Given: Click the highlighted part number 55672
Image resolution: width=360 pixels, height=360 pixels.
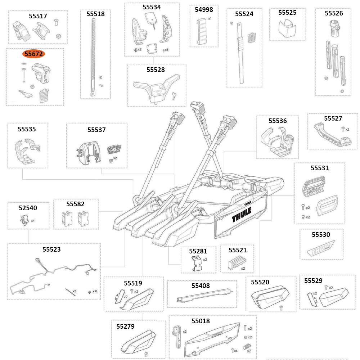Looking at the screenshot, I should click(33, 54).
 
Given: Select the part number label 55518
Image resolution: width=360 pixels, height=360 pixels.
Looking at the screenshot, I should click(95, 14).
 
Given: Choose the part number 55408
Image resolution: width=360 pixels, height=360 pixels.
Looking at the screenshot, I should click(201, 285).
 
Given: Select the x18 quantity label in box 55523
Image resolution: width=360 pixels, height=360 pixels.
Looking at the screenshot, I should click(95, 291).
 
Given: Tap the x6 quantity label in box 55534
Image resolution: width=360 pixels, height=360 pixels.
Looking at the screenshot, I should click(166, 50).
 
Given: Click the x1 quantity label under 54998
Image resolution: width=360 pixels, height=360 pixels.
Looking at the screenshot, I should click(210, 18).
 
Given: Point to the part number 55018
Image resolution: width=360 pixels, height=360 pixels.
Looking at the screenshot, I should click(201, 321).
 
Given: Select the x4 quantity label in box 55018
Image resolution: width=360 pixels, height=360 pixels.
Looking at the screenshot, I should click(236, 351).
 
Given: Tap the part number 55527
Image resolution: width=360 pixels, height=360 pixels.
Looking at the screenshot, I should click(333, 118).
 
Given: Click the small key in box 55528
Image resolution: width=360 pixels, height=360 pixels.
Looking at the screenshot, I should click(174, 95).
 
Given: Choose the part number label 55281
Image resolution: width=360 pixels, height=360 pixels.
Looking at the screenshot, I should click(198, 250).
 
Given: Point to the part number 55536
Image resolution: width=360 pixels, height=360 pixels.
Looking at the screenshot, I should click(278, 121).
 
